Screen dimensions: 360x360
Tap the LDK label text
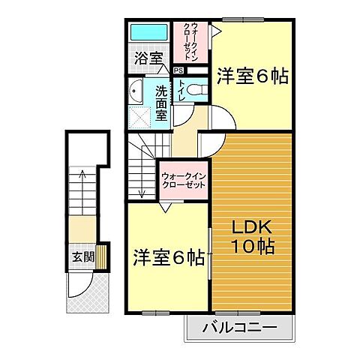pos(244,228)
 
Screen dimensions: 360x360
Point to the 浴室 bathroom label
pos(147,56)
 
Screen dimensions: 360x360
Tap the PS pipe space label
pos(178,71)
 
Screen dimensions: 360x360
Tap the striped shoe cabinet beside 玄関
pos(104,257)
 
